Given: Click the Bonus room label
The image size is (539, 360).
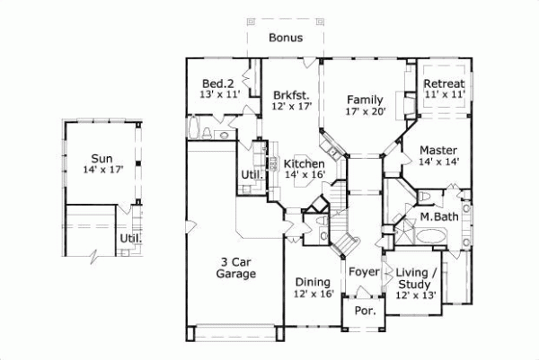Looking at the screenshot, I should pyautogui.click(x=285, y=39).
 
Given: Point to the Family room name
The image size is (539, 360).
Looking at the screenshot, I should pyautogui.click(x=366, y=100).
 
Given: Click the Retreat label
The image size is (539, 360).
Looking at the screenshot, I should pyautogui.click(x=444, y=83).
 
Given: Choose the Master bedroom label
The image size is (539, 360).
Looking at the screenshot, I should pyautogui.click(x=437, y=150).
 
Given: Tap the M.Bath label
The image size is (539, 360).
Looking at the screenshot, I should pyautogui.click(x=438, y=217).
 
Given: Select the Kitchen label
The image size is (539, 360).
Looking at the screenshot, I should pyautogui.click(x=303, y=164).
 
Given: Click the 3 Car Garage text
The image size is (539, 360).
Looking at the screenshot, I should pyautogui.click(x=236, y=268).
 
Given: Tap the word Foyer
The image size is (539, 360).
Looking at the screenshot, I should pyautogui.click(x=364, y=268).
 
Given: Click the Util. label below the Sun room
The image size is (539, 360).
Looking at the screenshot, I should pyautogui.click(x=129, y=239).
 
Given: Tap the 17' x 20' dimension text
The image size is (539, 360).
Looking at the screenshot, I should pyautogui.click(x=366, y=112).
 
